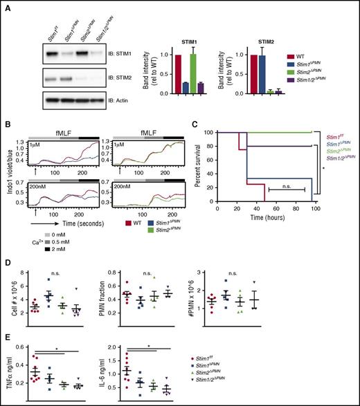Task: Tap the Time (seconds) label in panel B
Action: click(x=80, y=216)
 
